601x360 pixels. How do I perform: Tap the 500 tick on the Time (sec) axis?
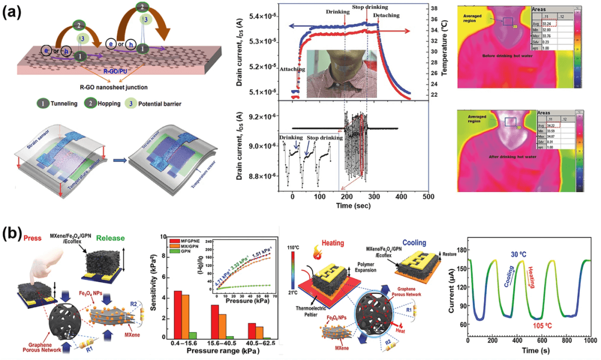coord(427,197)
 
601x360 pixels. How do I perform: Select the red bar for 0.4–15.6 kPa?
coord(178,314)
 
